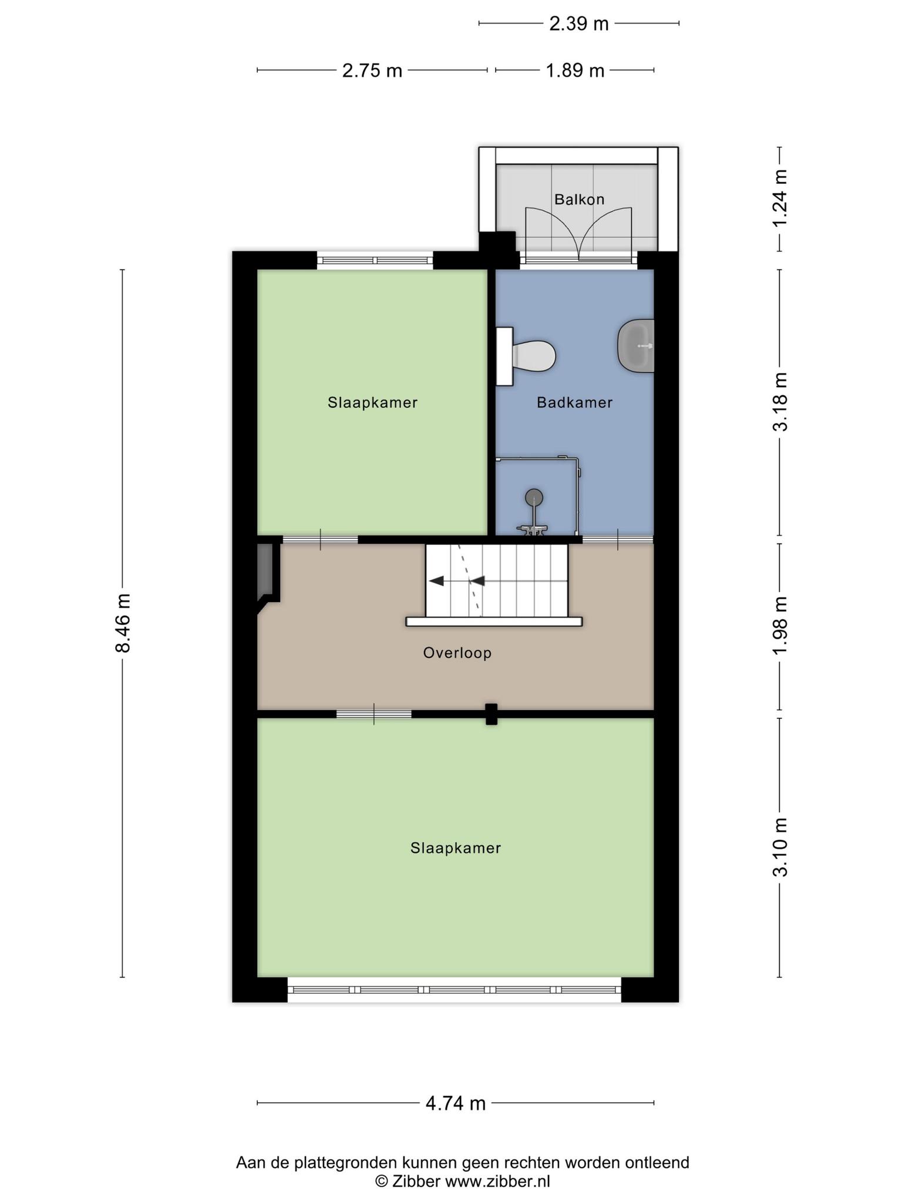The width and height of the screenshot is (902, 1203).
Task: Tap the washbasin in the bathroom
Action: pos(636,346)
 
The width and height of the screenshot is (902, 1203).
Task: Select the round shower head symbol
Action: pos(534,498)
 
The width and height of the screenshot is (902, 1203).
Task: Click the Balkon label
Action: pos(579,199)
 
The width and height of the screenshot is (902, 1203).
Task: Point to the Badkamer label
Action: pos(574,402)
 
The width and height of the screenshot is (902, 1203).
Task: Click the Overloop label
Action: pos(457,653)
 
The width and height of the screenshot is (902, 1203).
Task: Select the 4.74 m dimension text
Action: pos(456,1103)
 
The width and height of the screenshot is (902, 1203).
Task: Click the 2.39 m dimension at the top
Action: pos(579,23)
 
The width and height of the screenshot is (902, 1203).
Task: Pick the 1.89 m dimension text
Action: pos(575,70)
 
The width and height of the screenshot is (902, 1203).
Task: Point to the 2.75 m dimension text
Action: pos(372,70)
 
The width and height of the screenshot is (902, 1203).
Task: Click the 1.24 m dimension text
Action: pos(780,198)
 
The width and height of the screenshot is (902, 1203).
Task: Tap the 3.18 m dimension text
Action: pos(780,402)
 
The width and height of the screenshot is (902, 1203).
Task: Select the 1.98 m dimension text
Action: pos(780,626)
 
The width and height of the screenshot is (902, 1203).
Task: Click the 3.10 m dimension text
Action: pos(780,848)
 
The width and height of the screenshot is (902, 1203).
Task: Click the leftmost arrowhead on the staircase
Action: pos(436,581)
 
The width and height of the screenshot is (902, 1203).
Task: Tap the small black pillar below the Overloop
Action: pos(492,714)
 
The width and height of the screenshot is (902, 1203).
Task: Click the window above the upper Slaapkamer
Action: pos(375,260)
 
